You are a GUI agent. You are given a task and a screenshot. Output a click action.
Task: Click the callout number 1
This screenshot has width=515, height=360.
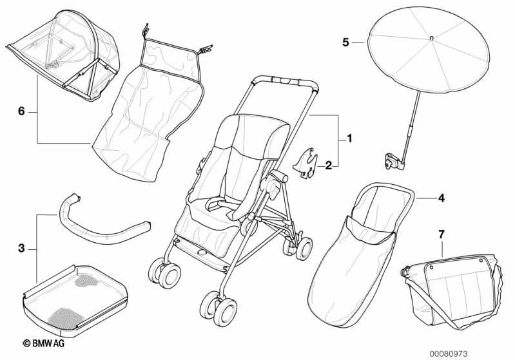pos(349,138)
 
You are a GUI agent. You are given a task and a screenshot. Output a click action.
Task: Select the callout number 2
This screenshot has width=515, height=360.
pos(329,166)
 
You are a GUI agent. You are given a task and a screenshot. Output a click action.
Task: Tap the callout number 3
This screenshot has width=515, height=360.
pos(21,249)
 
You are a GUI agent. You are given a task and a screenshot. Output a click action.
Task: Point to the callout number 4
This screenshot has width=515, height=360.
pos(442,198)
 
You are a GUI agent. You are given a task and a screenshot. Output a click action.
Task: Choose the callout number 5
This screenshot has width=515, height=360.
pos(345,43)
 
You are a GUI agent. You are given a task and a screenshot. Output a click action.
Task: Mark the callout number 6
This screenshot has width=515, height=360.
pos(21,111)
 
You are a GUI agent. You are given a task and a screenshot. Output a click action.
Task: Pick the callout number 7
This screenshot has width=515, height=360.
pos(442,234)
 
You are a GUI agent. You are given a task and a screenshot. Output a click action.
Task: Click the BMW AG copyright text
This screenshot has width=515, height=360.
pos(44,343)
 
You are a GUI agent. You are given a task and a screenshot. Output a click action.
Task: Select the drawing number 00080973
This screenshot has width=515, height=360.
pos(449,354)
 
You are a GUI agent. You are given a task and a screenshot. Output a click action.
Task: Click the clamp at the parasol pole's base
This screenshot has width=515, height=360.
pos(393,162)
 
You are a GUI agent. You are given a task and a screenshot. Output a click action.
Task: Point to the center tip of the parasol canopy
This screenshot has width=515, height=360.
pos(431,39)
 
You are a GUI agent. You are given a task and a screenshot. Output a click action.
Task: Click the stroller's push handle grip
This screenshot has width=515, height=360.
pos(285,81)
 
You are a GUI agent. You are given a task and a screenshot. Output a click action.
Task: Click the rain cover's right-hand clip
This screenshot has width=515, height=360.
pos(205,49)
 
